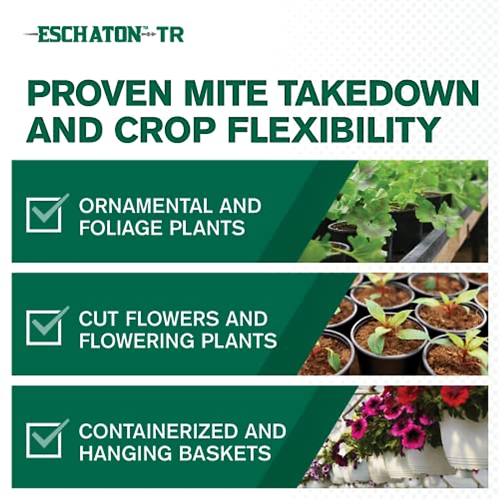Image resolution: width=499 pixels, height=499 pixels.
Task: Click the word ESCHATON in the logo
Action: [89, 35]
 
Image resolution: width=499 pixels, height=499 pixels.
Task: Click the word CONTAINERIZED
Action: [157, 431]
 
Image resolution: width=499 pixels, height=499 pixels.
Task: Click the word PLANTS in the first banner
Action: [215, 228]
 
